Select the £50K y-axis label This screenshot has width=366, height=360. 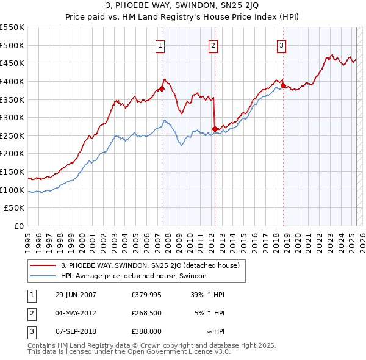[x=15, y=208]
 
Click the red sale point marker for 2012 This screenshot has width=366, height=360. [x=215, y=129]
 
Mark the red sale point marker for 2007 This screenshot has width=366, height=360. [x=162, y=88]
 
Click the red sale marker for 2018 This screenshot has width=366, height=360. [x=284, y=85]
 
